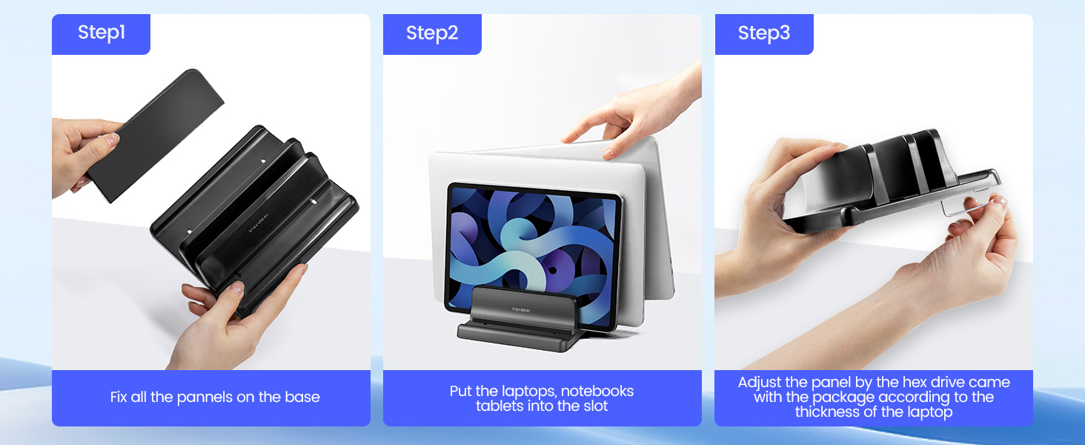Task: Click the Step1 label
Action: click(102, 33)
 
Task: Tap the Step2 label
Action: click(432, 33)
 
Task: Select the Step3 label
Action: click(763, 33)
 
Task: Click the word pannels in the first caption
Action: click(203, 397)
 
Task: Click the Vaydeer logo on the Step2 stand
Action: click(522, 310)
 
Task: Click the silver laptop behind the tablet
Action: click(652, 222)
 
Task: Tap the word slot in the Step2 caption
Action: click(594, 406)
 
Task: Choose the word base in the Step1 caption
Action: click(302, 397)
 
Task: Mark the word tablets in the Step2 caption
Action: click(500, 406)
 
